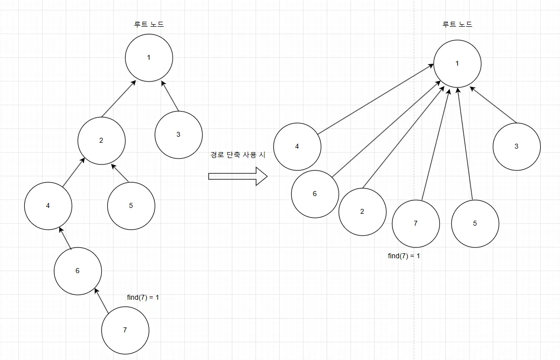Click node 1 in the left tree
(149, 58)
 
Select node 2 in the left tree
(101, 140)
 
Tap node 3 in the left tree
(178, 134)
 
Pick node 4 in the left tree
(48, 205)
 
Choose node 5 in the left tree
(131, 205)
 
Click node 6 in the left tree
(78, 271)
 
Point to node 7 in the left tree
(125, 330)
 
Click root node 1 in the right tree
(457, 63)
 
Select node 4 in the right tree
(297, 146)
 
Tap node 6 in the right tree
(315, 194)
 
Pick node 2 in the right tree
(362, 211)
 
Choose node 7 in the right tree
(416, 223)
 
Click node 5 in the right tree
(475, 223)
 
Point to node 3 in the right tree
(517, 146)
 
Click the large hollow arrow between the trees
(237, 176)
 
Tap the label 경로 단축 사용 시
(238, 155)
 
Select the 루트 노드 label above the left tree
(149, 24)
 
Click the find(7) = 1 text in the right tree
(404, 256)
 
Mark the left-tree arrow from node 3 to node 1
(170, 95)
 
